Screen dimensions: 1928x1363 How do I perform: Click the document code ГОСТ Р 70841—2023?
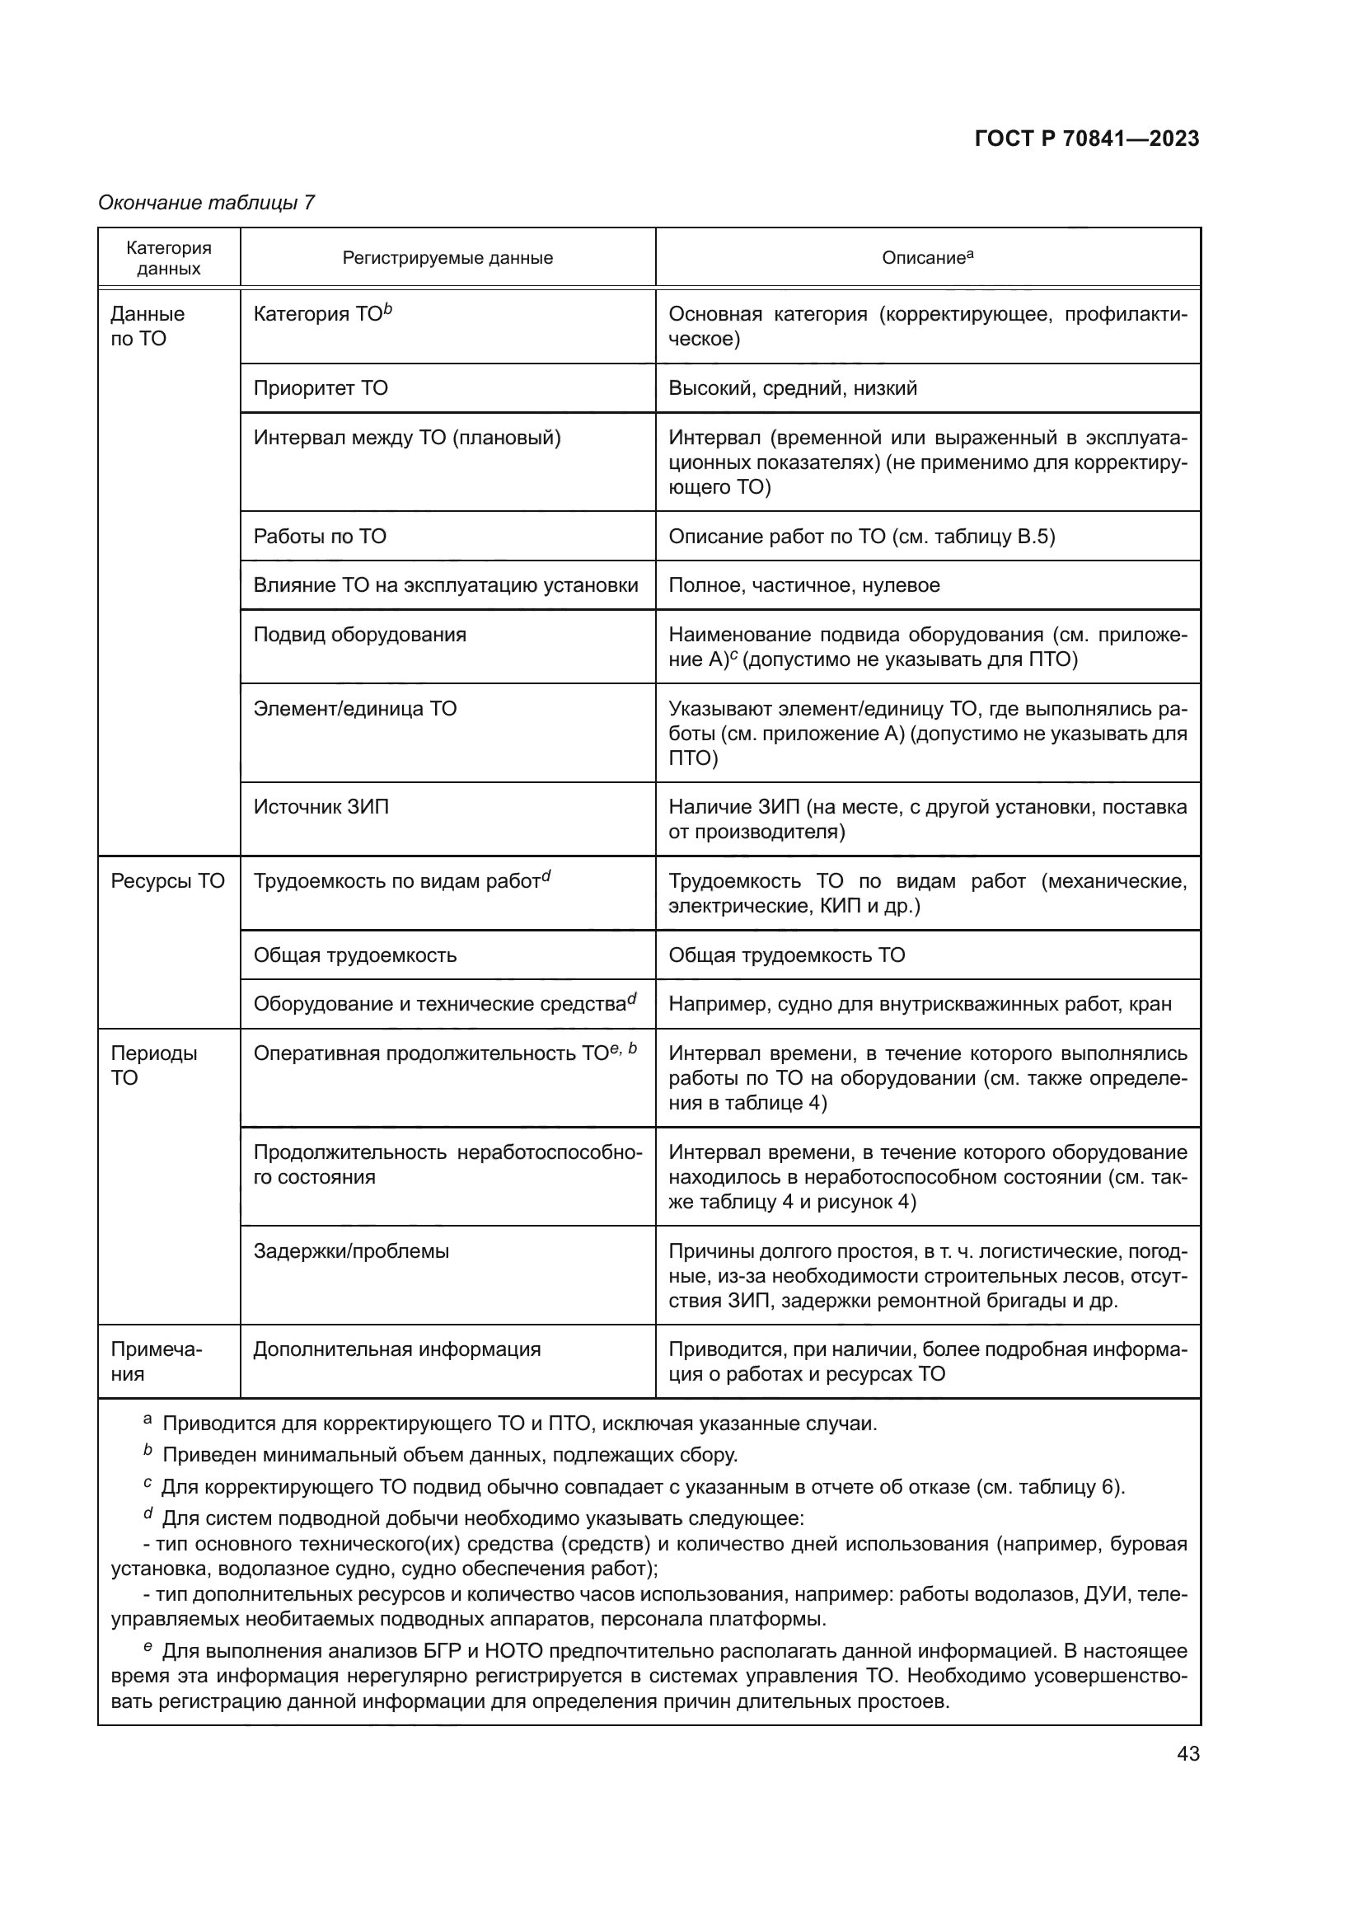[1086, 139]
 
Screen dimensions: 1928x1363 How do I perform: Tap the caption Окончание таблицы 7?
[207, 203]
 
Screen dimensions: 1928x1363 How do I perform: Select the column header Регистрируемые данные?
[447, 258]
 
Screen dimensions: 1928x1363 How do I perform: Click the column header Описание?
[926, 258]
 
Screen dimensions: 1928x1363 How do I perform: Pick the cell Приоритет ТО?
[321, 388]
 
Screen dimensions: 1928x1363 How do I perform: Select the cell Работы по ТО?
[320, 537]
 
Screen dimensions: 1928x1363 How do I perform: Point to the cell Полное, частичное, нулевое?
[803, 585]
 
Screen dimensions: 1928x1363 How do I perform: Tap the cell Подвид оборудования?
[359, 635]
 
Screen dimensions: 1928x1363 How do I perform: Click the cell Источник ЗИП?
[321, 807]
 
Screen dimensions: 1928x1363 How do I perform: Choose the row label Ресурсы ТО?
[168, 881]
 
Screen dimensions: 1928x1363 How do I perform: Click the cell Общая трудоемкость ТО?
[786, 955]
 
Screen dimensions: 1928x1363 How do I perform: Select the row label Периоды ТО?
[153, 1065]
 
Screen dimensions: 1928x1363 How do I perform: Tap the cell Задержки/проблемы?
[351, 1251]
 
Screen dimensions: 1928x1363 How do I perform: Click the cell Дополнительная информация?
[397, 1349]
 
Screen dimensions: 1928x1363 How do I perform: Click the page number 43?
[1187, 1753]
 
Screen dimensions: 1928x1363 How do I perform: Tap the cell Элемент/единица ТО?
[355, 709]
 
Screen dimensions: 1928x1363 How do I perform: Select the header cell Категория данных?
[169, 258]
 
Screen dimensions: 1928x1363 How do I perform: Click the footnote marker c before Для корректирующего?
[147, 1484]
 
